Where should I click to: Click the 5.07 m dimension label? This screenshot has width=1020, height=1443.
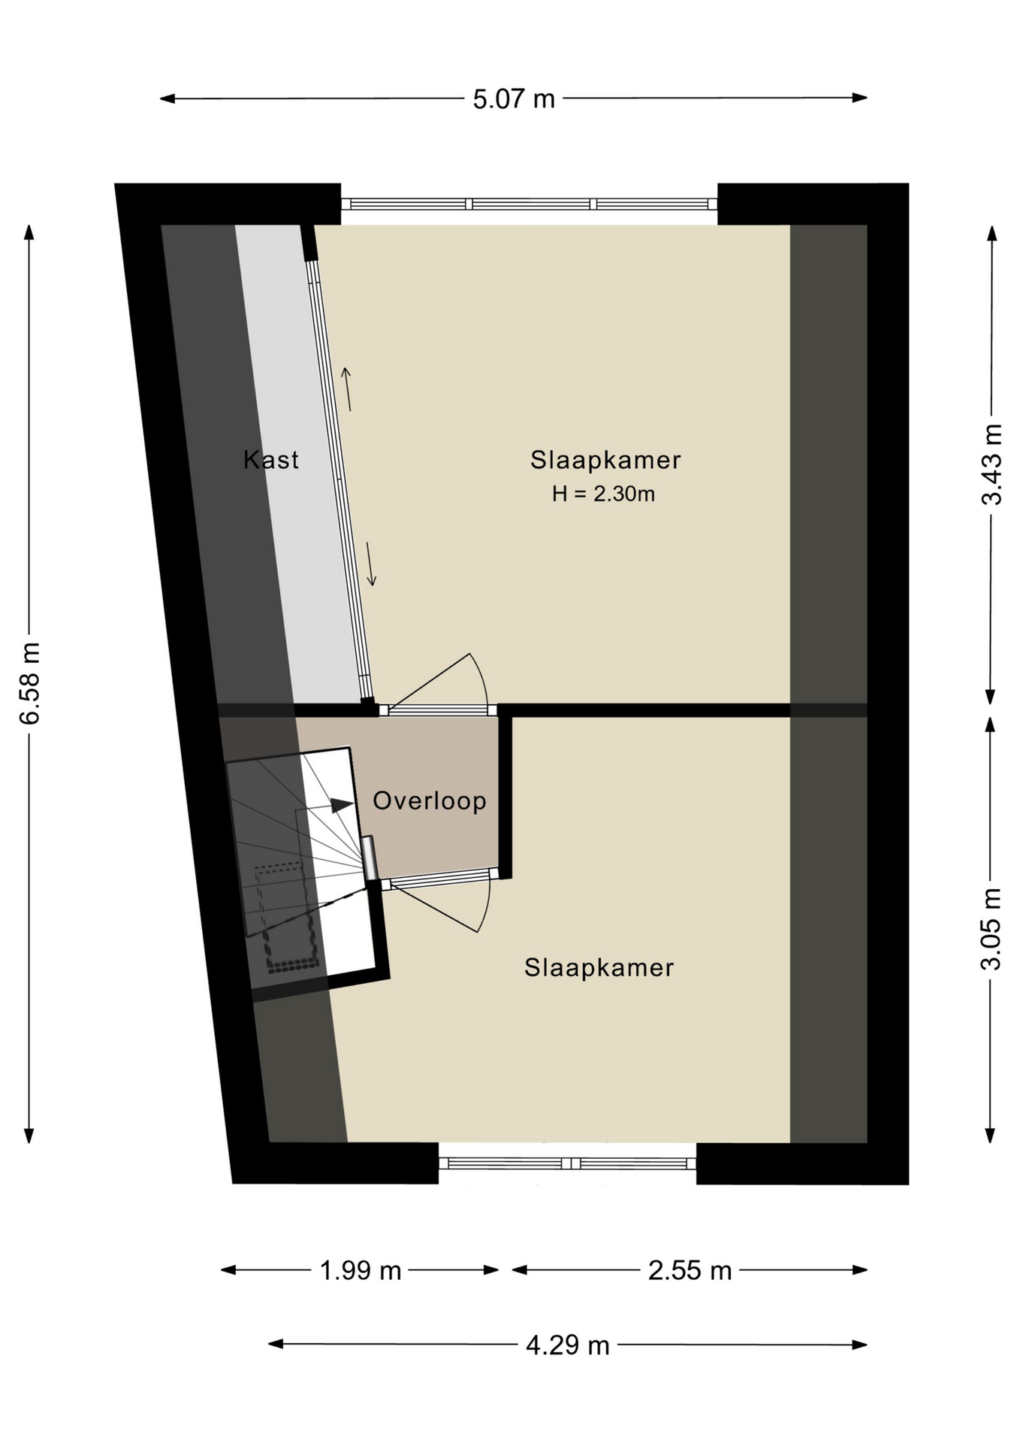click(x=514, y=99)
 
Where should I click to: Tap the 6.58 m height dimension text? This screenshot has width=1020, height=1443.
click(x=30, y=683)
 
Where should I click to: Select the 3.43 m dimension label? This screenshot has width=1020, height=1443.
click(x=992, y=464)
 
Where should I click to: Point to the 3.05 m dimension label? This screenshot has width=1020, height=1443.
click(x=991, y=929)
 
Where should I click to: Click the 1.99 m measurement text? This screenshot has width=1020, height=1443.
click(x=361, y=1271)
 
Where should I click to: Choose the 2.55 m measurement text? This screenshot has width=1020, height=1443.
click(x=690, y=1271)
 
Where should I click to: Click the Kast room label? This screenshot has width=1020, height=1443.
click(x=271, y=459)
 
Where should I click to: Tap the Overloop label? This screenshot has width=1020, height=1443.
click(x=430, y=801)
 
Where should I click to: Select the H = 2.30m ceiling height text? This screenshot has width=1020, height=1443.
click(x=603, y=494)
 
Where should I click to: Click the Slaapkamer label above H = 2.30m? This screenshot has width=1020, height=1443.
click(x=605, y=460)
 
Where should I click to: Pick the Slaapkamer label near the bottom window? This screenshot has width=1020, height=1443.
click(x=599, y=967)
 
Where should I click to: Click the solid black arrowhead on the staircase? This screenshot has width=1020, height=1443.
click(x=343, y=805)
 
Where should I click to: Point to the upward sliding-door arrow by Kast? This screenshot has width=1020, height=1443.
click(x=347, y=389)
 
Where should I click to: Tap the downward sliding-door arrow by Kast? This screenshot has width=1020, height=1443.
click(x=370, y=564)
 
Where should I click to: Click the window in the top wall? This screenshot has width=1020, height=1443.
click(x=529, y=204)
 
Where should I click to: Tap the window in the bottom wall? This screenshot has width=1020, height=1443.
click(x=567, y=1163)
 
